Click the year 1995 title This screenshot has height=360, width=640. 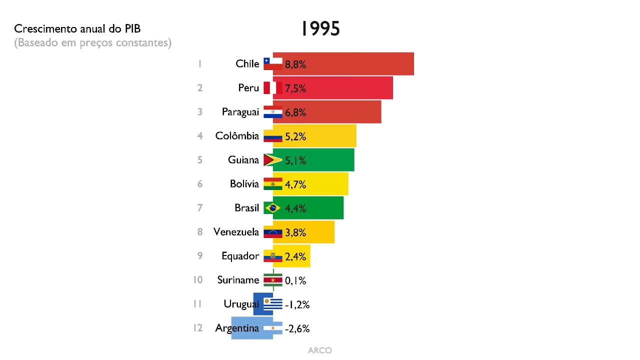(320, 29)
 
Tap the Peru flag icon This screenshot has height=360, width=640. (273, 88)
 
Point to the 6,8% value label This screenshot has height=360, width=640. (295, 112)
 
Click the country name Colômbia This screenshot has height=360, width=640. (237, 136)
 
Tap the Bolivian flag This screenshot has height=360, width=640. (273, 184)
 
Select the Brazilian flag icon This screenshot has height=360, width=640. (273, 208)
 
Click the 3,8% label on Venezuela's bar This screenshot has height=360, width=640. (295, 232)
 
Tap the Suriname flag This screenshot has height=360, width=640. (273, 280)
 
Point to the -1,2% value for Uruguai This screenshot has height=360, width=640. (297, 304)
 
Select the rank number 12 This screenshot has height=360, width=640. (198, 328)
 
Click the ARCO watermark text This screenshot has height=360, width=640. (319, 350)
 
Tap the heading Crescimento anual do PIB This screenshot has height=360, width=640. (80, 29)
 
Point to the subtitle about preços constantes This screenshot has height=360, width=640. (92, 43)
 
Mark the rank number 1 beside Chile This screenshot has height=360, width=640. (199, 64)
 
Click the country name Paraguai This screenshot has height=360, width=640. (240, 112)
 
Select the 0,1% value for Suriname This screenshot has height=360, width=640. (295, 280)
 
